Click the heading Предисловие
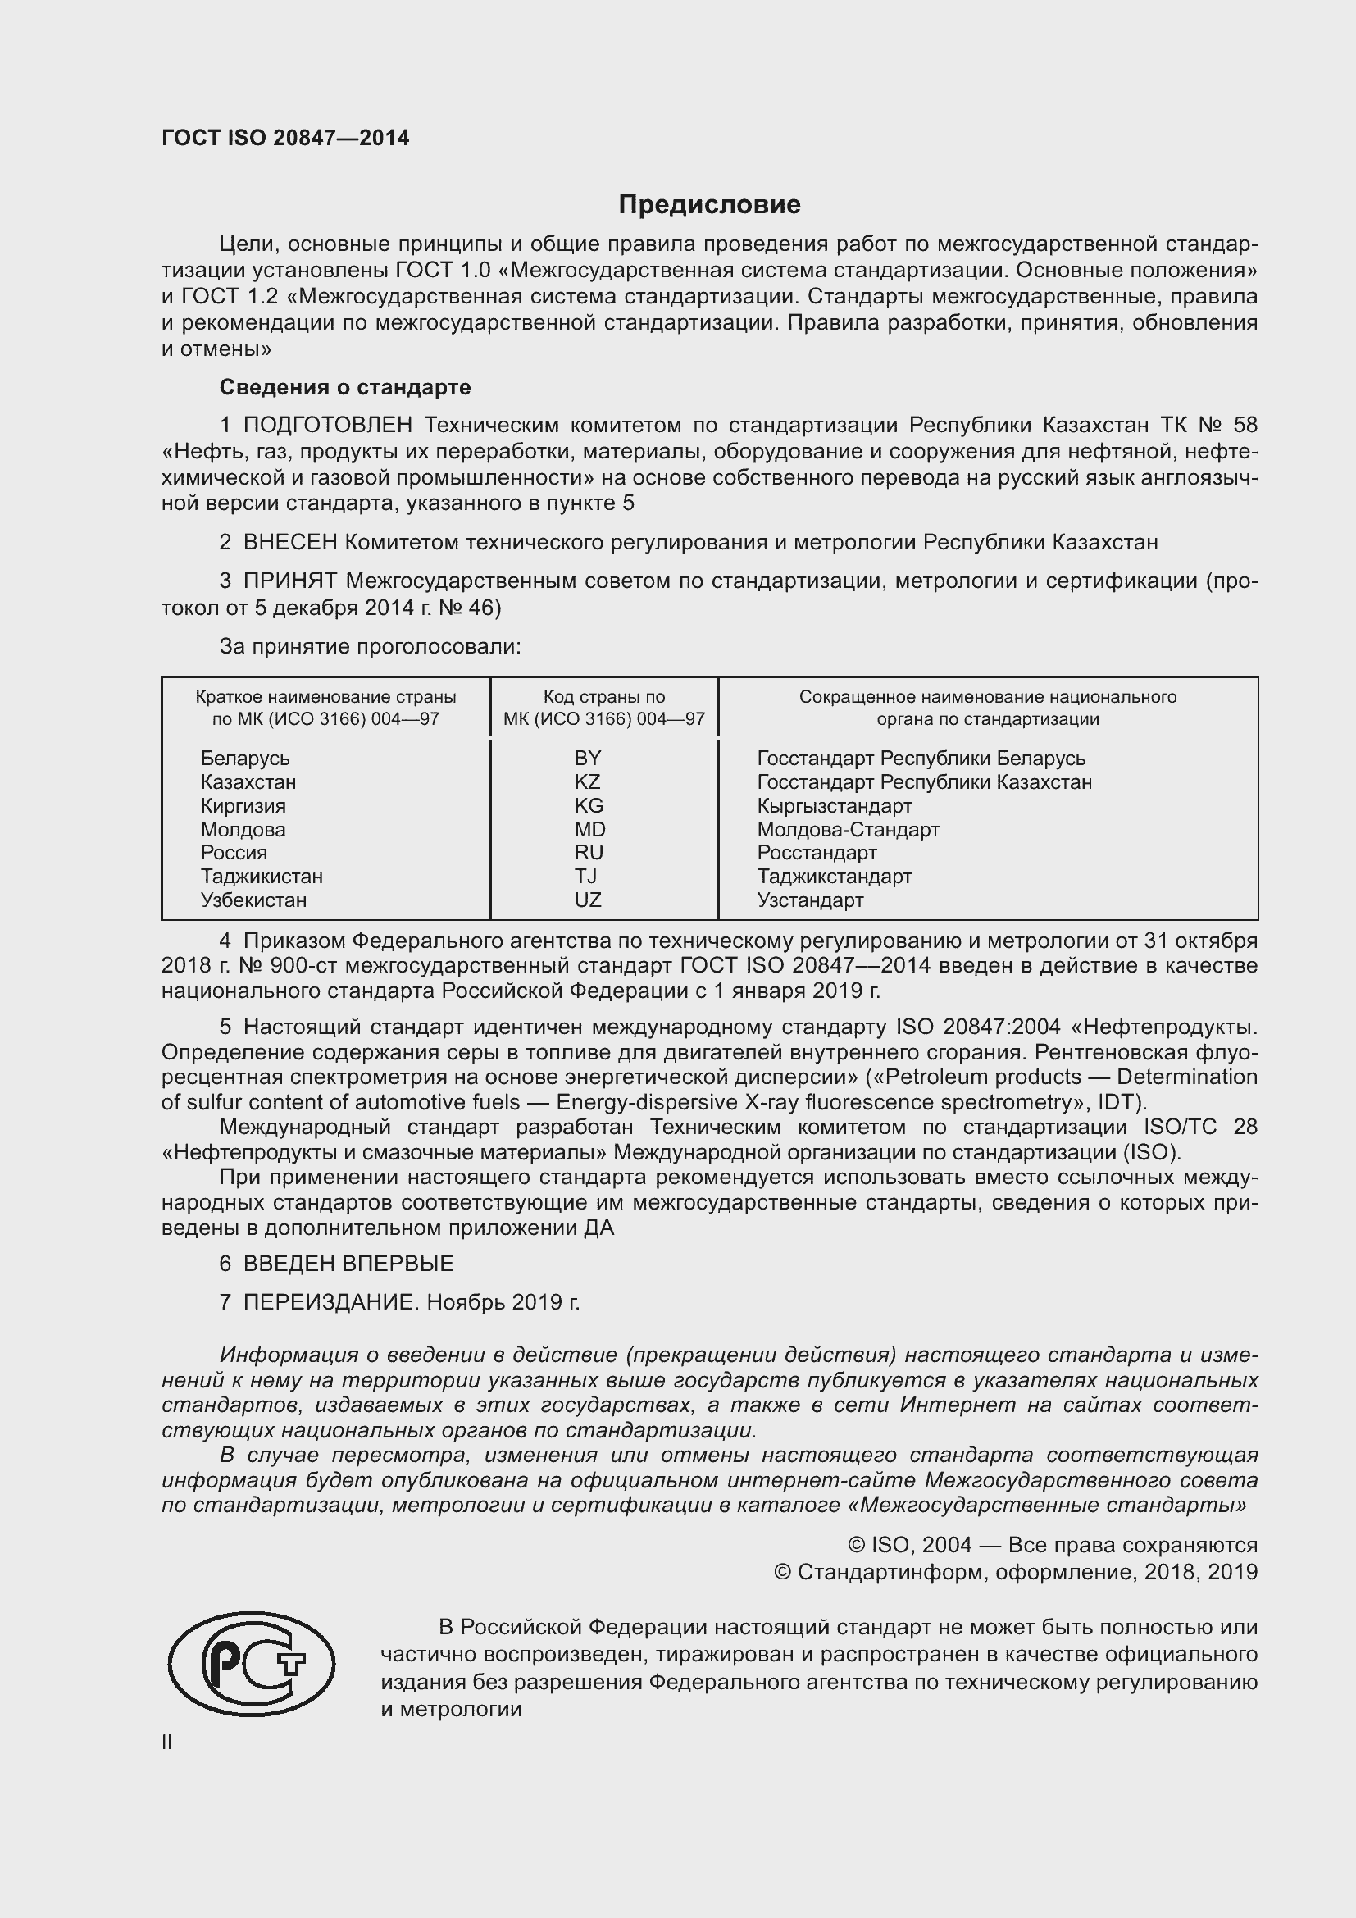709,204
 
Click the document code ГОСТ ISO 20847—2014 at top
284,138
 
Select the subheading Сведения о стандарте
345,387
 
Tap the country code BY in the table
588,758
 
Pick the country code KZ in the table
588,782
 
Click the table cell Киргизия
243,805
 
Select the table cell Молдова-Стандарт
848,830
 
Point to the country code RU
589,852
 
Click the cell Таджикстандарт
834,877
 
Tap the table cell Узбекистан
254,900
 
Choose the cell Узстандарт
810,900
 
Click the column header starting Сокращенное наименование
988,708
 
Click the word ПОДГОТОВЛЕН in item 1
327,426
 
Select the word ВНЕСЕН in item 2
289,542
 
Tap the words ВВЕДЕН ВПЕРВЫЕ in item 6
348,1263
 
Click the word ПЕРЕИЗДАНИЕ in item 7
330,1301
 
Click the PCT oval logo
252,1664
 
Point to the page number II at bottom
167,1742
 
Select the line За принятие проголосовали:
370,645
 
